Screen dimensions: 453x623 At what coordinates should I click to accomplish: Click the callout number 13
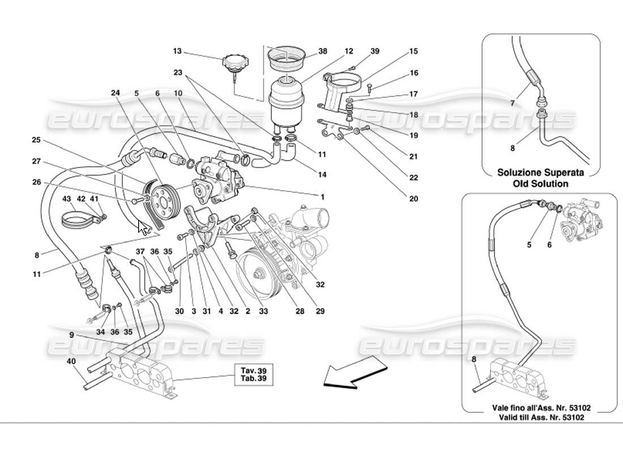177,51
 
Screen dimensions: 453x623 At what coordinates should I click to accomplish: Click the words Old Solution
540,183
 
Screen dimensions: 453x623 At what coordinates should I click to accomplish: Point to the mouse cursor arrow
144,228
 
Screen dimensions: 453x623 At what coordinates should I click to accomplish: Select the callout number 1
322,196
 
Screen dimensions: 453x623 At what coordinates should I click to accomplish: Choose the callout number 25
36,140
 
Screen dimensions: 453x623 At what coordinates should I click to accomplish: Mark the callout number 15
413,52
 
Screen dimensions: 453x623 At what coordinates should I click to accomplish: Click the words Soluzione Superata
540,173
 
